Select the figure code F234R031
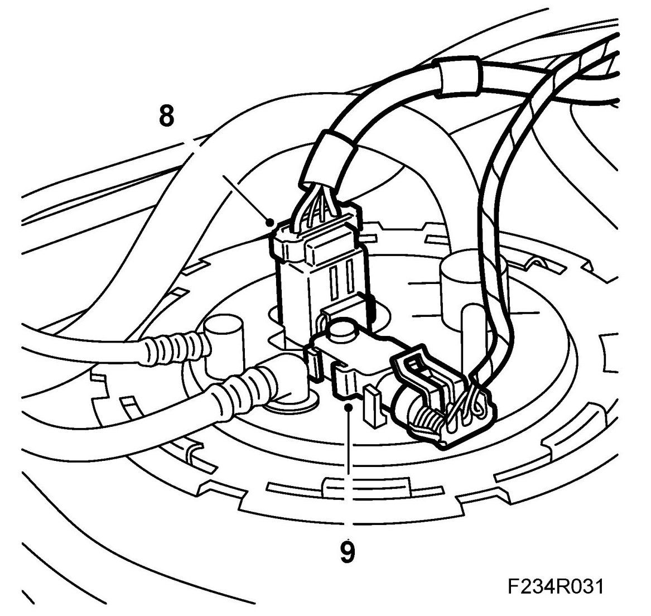coord(556,587)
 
